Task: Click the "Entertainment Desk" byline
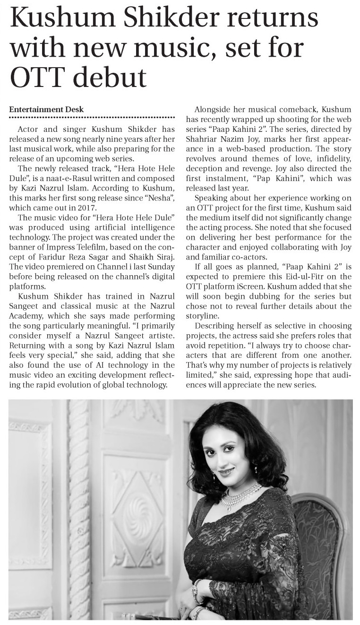pyautogui.click(x=46, y=109)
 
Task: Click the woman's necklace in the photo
pyautogui.click(x=241, y=495)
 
